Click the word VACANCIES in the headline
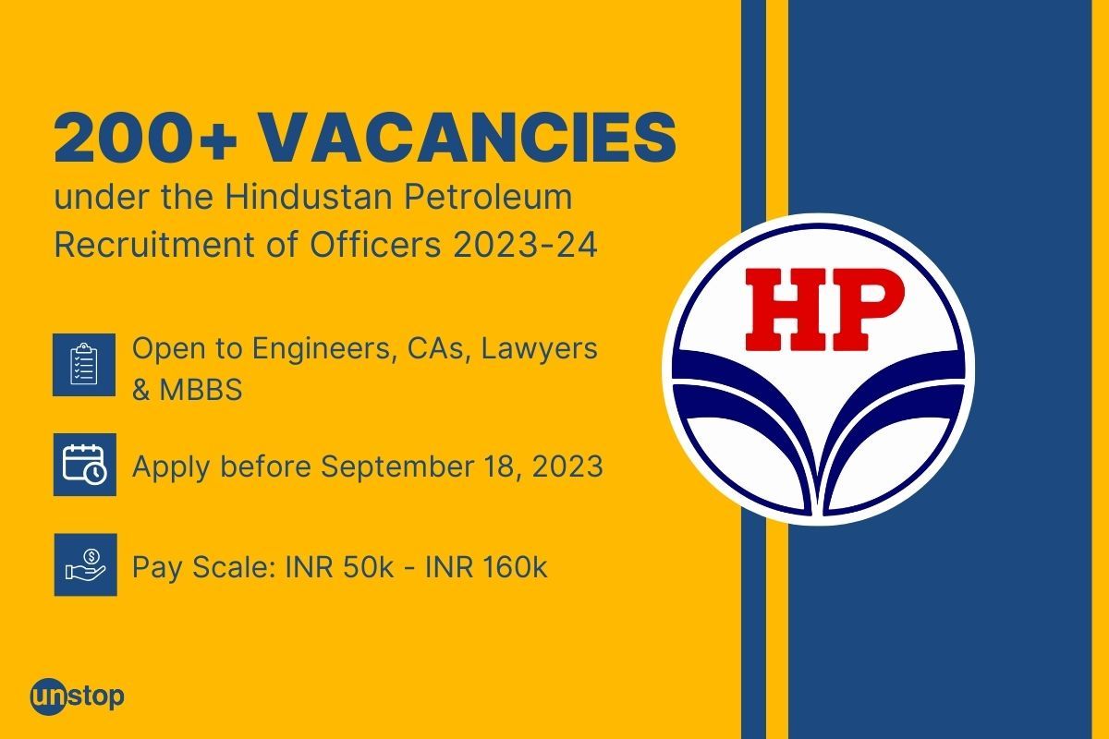467,139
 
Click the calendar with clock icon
84,465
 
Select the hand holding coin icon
84,564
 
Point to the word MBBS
201,390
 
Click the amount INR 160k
486,566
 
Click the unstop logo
77,695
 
